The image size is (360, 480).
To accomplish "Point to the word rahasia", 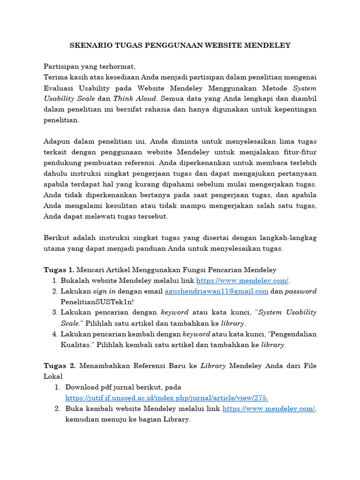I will [x=187, y=109].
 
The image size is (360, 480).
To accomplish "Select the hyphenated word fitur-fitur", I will [x=299, y=152].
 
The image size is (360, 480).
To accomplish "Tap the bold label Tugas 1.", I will [x=59, y=270].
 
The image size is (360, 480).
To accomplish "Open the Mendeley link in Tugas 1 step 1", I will [x=242, y=280].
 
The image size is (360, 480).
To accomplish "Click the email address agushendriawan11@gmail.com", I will [x=216, y=291].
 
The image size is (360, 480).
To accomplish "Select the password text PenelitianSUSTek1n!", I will [x=97, y=301].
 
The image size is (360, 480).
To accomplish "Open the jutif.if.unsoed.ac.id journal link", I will [x=166, y=398].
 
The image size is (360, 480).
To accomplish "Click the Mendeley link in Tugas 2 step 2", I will [x=269, y=409].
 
